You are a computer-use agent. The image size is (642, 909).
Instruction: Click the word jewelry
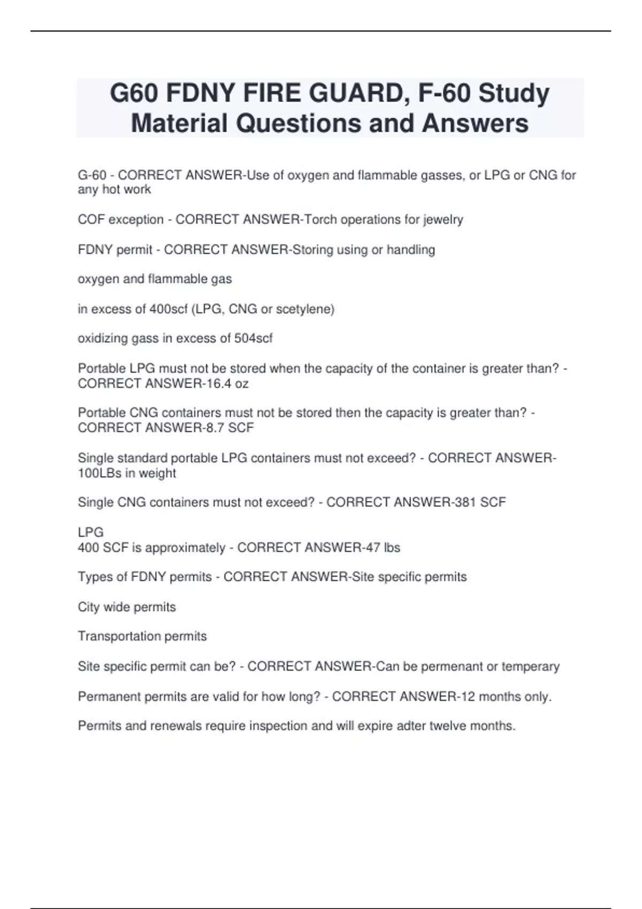443,220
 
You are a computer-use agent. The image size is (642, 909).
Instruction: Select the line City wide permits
127,607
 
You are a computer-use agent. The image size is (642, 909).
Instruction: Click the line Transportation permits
142,636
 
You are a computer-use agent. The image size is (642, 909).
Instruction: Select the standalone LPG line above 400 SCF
91,533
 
